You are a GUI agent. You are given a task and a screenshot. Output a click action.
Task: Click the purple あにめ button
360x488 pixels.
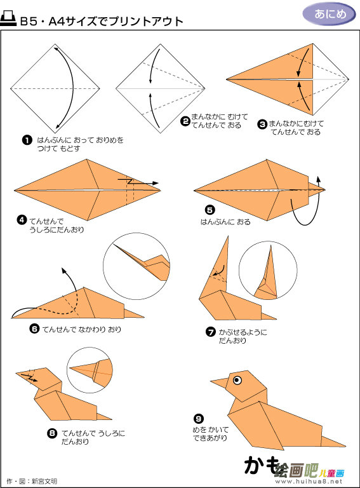pyautogui.click(x=330, y=14)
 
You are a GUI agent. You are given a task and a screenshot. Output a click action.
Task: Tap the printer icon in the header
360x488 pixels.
pyautogui.click(x=8, y=19)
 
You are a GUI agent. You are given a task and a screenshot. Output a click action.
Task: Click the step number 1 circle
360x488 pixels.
pyautogui.click(x=27, y=140)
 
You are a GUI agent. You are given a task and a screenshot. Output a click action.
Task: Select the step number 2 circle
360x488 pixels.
pyautogui.click(x=185, y=121)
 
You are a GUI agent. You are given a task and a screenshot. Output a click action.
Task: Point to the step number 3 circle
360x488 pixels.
pyautogui.click(x=262, y=124)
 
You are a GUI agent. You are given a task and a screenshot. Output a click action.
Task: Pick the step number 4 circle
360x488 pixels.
pyautogui.click(x=22, y=220)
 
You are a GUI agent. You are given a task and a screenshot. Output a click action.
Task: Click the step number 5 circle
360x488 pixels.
pyautogui.click(x=210, y=210)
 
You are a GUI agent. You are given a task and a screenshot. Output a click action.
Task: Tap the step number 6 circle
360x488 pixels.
pyautogui.click(x=34, y=329)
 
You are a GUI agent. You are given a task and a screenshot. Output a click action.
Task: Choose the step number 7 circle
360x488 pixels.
pyautogui.click(x=211, y=332)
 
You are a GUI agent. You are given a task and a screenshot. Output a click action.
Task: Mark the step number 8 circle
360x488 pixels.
pyautogui.click(x=52, y=433)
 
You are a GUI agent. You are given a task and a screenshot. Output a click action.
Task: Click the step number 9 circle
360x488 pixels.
pyautogui.click(x=199, y=418)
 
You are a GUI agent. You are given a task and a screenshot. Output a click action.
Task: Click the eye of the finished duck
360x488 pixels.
pyautogui.click(x=237, y=380)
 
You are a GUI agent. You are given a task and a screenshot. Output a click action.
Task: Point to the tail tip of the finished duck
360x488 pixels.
pyautogui.click(x=345, y=445)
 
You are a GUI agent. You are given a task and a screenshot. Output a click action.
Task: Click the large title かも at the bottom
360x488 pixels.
pyautogui.click(x=262, y=466)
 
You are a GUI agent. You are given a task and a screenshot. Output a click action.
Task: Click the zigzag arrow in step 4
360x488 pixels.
pyautogui.click(x=138, y=182)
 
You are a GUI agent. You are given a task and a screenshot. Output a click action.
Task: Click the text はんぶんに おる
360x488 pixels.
pyautogui.click(x=225, y=222)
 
